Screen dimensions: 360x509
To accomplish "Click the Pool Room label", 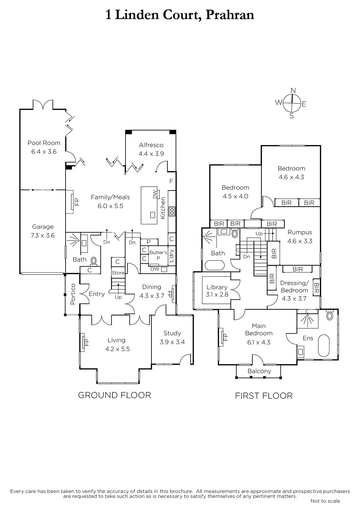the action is (x=44, y=143).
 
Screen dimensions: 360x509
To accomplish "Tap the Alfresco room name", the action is (x=151, y=145).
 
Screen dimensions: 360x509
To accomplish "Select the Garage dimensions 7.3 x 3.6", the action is (x=43, y=235).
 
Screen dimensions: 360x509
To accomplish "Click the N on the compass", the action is (x=293, y=91).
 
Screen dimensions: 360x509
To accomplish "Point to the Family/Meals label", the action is (x=110, y=197).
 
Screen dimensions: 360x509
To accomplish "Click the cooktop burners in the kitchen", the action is (x=172, y=211).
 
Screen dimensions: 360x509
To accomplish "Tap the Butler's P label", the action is (x=158, y=255).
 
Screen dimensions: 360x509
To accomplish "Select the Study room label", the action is (x=172, y=333).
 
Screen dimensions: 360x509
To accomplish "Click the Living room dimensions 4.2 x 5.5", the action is (x=117, y=349).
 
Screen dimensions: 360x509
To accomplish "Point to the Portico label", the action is (x=73, y=294).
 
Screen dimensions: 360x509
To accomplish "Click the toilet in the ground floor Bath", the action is (x=94, y=261).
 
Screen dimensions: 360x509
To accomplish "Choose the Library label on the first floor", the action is (x=217, y=287).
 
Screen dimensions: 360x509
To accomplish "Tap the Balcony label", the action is (x=259, y=371).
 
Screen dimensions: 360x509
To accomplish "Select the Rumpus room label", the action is (x=300, y=232).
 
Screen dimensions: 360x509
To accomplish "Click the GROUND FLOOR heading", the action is (x=115, y=395).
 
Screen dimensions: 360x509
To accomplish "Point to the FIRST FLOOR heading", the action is (x=264, y=396).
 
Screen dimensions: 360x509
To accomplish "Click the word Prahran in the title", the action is (x=230, y=15).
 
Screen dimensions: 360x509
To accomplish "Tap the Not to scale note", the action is (x=325, y=501).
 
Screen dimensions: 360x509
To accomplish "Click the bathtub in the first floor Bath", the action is (x=215, y=265).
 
